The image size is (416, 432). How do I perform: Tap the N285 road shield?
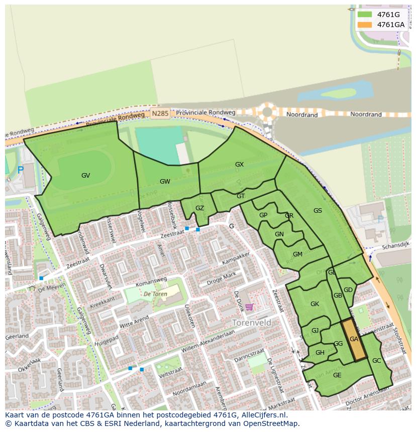click(160, 114)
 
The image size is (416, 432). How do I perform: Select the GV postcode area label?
click(86, 176)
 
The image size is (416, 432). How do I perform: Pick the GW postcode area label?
click(165, 182)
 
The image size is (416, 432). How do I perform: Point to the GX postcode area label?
click(239, 165)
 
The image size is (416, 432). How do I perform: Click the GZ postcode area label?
click(199, 208)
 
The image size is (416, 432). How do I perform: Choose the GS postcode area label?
click(318, 211)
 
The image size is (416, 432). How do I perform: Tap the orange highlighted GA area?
click(354, 340)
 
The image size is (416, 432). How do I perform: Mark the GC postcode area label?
click(377, 361)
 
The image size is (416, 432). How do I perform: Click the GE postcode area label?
click(337, 375)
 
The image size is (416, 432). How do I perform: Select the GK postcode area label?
click(315, 304)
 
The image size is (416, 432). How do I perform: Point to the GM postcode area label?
click(297, 254)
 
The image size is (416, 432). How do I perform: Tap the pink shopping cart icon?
click(250, 307)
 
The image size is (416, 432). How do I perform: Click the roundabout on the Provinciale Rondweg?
click(267, 112)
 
